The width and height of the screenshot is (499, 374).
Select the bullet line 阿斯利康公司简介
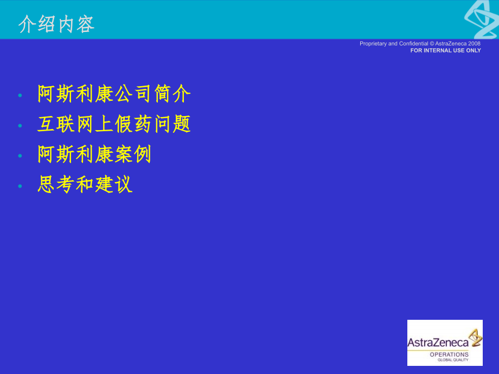click(x=114, y=94)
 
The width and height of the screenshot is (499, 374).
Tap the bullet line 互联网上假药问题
click(x=114, y=125)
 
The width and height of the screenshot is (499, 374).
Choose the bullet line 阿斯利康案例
click(x=94, y=155)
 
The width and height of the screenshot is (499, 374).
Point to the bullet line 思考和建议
click(x=85, y=185)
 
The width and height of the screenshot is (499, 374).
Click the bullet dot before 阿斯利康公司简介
click(x=20, y=95)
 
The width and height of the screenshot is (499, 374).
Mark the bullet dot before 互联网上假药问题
click(x=20, y=126)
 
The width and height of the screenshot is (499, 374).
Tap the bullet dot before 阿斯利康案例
click(x=20, y=156)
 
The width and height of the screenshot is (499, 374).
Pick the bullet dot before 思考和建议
click(x=20, y=186)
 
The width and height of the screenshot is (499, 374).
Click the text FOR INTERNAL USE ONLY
click(x=445, y=50)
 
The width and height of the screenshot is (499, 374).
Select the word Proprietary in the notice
click(x=373, y=43)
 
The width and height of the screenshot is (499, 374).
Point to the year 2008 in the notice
click(x=475, y=43)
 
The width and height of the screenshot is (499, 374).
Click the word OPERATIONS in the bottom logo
click(x=449, y=354)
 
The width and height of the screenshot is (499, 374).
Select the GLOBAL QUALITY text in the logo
click(x=449, y=360)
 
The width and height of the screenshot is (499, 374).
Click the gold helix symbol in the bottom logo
click(x=475, y=337)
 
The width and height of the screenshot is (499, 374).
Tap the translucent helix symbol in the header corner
click(x=482, y=18)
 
